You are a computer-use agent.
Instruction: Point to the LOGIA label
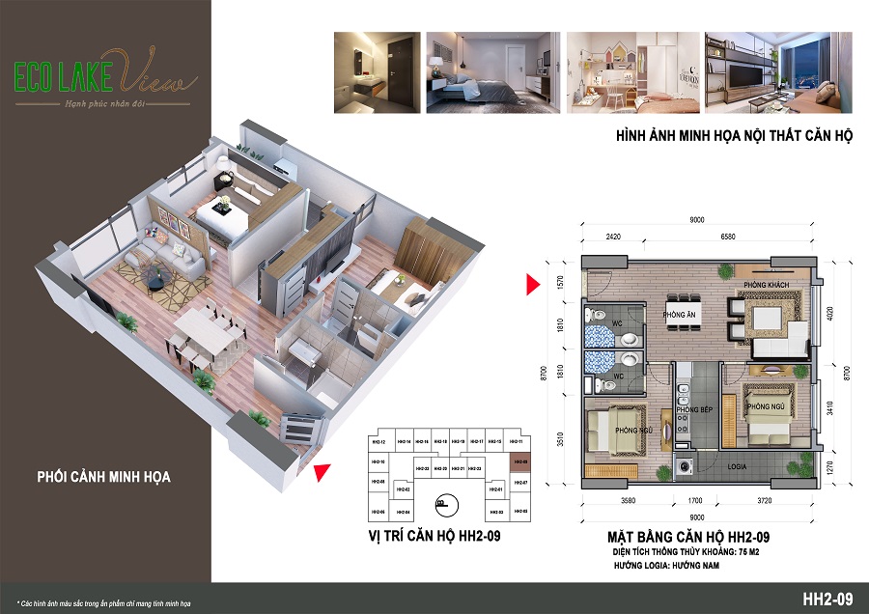[x=742, y=467]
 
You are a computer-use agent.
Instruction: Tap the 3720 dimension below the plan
[x=762, y=501]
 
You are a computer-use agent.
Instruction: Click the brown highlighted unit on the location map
[x=519, y=461]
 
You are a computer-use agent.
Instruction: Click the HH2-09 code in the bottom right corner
[x=828, y=599]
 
